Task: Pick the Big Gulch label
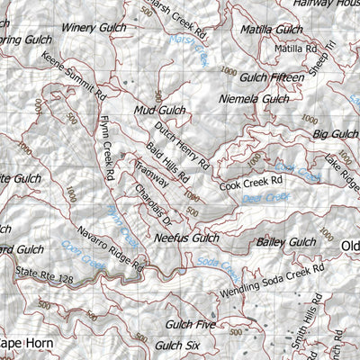[335, 134]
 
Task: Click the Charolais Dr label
[149, 203]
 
